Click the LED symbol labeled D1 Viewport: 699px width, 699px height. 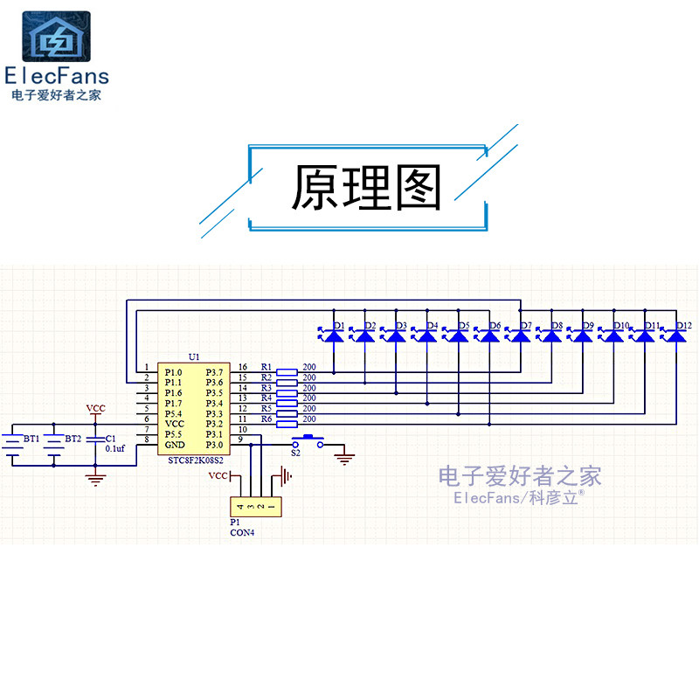[334, 334]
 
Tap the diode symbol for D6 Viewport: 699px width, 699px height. [489, 334]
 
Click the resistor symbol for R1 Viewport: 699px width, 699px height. [286, 371]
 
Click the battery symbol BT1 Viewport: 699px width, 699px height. [13, 445]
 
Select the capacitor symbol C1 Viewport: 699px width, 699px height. [95, 443]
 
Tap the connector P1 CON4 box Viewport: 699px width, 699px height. [254, 506]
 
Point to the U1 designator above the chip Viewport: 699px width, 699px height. [194, 357]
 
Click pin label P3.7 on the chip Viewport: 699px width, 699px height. [214, 372]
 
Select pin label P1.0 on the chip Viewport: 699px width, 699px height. [173, 372]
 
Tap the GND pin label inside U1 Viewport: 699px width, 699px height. [173, 444]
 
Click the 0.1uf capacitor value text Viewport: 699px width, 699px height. [116, 448]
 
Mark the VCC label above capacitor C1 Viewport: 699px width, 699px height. [96, 408]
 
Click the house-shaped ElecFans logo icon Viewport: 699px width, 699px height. [56, 38]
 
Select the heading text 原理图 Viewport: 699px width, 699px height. [367, 187]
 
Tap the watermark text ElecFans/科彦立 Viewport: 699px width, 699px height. [519, 497]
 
